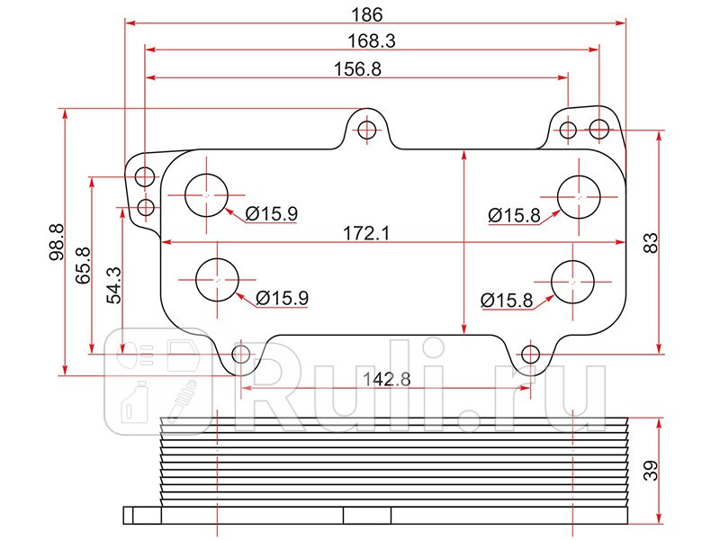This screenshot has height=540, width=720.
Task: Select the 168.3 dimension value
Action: (373, 40)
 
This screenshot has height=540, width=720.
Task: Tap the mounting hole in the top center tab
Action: (366, 130)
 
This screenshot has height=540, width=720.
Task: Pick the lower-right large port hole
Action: (572, 282)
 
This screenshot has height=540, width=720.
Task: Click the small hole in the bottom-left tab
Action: (241, 354)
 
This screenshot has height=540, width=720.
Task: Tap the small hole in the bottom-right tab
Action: (531, 354)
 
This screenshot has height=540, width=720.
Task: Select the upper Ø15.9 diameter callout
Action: (271, 213)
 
